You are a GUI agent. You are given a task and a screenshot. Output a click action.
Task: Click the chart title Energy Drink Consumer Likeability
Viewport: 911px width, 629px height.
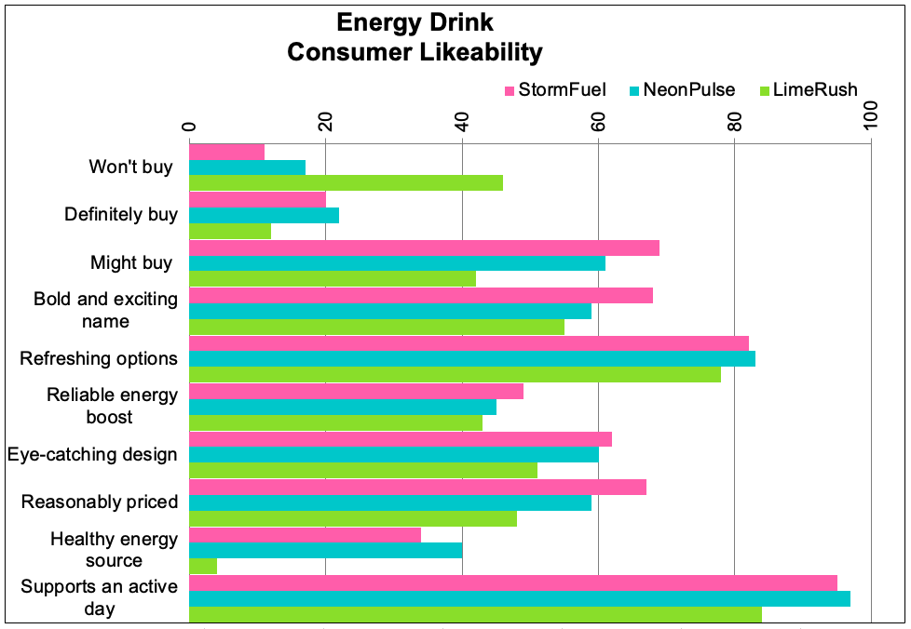pyautogui.click(x=415, y=38)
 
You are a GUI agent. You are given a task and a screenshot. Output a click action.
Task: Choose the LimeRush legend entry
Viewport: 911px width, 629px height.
pyautogui.click(x=808, y=90)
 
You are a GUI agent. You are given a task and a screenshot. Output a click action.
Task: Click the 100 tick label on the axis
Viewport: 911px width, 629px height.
pyautogui.click(x=871, y=118)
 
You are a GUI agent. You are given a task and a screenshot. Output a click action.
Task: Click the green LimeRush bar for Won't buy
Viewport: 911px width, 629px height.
pyautogui.click(x=346, y=183)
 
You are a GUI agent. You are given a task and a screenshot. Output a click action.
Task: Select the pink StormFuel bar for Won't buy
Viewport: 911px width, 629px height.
pyautogui.click(x=226, y=152)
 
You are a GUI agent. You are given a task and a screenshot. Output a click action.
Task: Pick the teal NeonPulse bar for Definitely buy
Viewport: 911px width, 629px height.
pyautogui.click(x=264, y=215)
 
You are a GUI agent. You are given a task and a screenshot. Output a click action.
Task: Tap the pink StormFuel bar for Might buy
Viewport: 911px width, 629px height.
pyautogui.click(x=424, y=248)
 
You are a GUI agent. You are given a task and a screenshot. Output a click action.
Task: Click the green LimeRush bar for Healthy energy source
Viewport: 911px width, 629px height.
pyautogui.click(x=203, y=566)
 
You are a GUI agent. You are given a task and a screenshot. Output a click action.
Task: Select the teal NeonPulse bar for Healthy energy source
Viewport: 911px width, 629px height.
pyautogui.click(x=325, y=550)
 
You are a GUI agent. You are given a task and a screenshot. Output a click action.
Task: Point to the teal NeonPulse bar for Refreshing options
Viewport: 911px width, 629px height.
pyautogui.click(x=471, y=358)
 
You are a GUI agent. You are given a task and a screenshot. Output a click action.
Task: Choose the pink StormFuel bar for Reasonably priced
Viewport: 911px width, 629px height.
pyautogui.click(x=417, y=488)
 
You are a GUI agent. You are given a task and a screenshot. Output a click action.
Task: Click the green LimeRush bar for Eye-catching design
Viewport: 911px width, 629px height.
pyautogui.click(x=363, y=470)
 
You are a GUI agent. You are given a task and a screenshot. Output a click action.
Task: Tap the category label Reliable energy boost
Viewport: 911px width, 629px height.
pyautogui.click(x=112, y=406)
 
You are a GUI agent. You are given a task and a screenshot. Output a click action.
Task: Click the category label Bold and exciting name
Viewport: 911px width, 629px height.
pyautogui.click(x=105, y=310)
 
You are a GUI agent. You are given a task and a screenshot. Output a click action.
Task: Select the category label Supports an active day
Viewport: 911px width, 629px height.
pyautogui.click(x=99, y=597)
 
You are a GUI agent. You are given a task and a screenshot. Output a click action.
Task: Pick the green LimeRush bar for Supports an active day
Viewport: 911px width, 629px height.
pyautogui.click(x=475, y=614)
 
